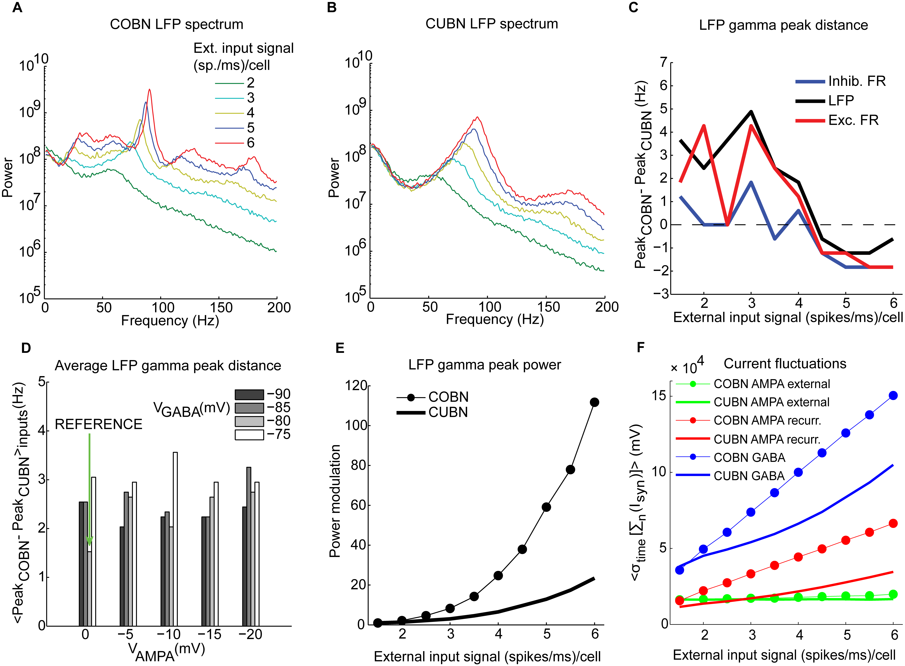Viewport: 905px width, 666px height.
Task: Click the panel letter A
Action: click(17, 8)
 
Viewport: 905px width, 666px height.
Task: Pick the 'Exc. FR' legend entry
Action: click(853, 120)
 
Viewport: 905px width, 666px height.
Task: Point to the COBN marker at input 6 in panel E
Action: click(594, 402)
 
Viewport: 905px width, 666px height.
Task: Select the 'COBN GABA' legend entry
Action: click(749, 458)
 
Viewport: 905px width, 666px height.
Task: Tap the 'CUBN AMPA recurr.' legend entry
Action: click(767, 439)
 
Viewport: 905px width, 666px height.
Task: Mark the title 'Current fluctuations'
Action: click(785, 364)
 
